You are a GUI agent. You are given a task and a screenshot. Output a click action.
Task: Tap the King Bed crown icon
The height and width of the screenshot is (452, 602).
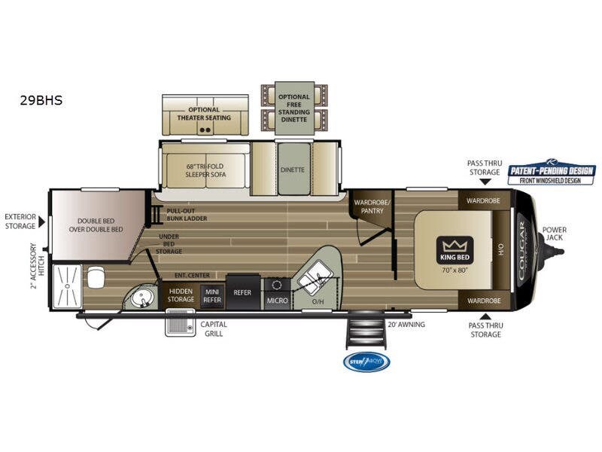[455, 246]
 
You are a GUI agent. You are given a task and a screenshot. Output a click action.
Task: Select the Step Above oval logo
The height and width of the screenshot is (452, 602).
[366, 363]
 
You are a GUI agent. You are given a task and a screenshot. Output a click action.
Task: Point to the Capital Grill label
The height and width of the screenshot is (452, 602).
[214, 328]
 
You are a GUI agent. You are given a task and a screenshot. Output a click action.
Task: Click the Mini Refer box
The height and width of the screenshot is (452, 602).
[212, 295]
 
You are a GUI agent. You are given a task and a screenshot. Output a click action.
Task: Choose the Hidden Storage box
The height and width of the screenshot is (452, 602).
[181, 295]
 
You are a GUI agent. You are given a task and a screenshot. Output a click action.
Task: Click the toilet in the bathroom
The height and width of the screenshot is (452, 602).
[96, 278]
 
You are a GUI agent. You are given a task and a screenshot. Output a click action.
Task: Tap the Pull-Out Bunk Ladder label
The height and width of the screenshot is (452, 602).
[187, 215]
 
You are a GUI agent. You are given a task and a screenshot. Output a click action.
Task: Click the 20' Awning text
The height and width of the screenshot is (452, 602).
[406, 325]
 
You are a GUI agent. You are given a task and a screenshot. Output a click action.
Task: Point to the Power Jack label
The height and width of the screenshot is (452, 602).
[555, 234]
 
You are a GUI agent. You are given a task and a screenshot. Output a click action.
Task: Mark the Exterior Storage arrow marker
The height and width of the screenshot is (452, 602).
[41, 221]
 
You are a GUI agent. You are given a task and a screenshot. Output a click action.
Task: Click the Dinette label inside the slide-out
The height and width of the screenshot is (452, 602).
[292, 169]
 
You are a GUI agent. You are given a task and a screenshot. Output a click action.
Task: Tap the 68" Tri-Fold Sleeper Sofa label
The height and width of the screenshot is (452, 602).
[206, 169]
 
